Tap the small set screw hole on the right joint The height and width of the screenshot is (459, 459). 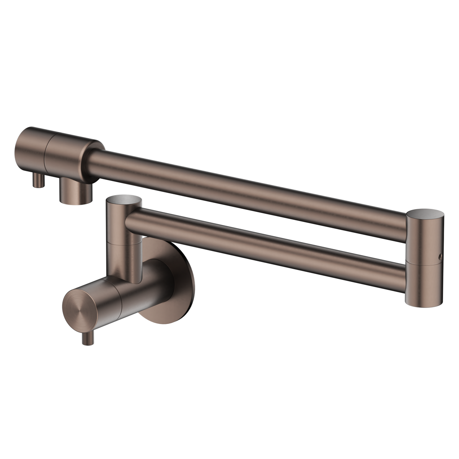(440, 255)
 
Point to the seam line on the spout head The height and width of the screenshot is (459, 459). (47, 153)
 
